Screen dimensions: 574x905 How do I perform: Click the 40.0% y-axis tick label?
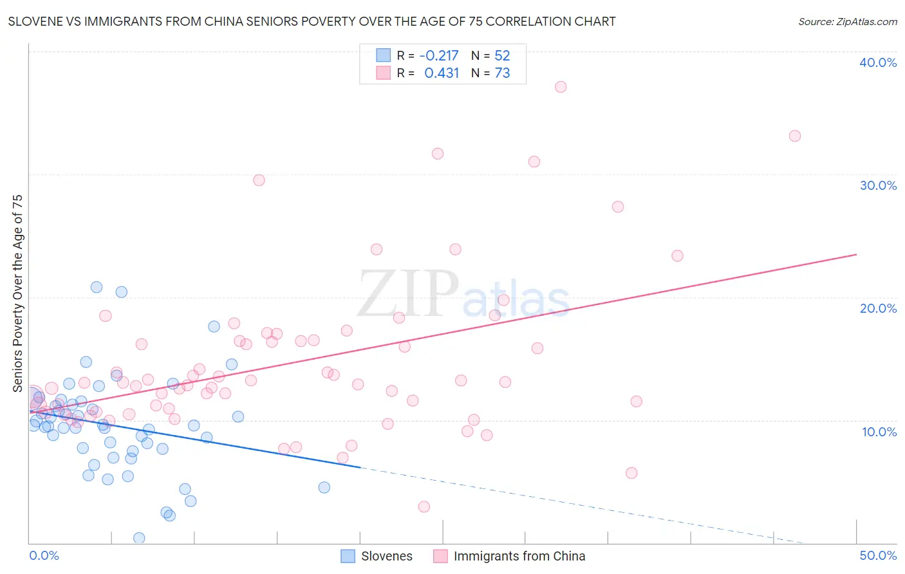click(x=877, y=62)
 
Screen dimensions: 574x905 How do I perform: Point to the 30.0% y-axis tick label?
click(x=877, y=185)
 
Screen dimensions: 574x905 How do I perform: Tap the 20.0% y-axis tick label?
click(x=877, y=308)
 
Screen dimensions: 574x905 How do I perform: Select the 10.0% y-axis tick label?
click(x=879, y=432)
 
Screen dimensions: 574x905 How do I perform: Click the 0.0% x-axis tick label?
click(x=44, y=555)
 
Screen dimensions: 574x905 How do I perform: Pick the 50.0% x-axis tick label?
click(x=877, y=555)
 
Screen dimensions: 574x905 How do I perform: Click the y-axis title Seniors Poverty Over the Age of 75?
click(x=17, y=293)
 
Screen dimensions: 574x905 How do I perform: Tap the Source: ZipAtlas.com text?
click(x=847, y=22)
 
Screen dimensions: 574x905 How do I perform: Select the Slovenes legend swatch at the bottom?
click(x=348, y=556)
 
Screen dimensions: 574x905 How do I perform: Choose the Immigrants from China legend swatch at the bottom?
click(x=440, y=556)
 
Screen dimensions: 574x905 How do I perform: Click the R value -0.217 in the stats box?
click(x=438, y=56)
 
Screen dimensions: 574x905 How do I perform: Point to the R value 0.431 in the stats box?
click(x=442, y=73)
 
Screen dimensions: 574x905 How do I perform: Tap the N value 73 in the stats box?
click(x=502, y=73)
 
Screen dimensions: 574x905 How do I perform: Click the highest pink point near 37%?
click(x=561, y=87)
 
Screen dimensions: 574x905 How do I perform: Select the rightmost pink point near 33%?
click(x=795, y=136)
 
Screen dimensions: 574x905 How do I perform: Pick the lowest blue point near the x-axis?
click(x=139, y=538)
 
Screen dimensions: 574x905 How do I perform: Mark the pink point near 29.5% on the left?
click(x=259, y=180)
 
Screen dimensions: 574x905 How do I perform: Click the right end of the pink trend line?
click(x=856, y=255)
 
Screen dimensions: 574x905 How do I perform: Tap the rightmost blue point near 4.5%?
click(x=324, y=487)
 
